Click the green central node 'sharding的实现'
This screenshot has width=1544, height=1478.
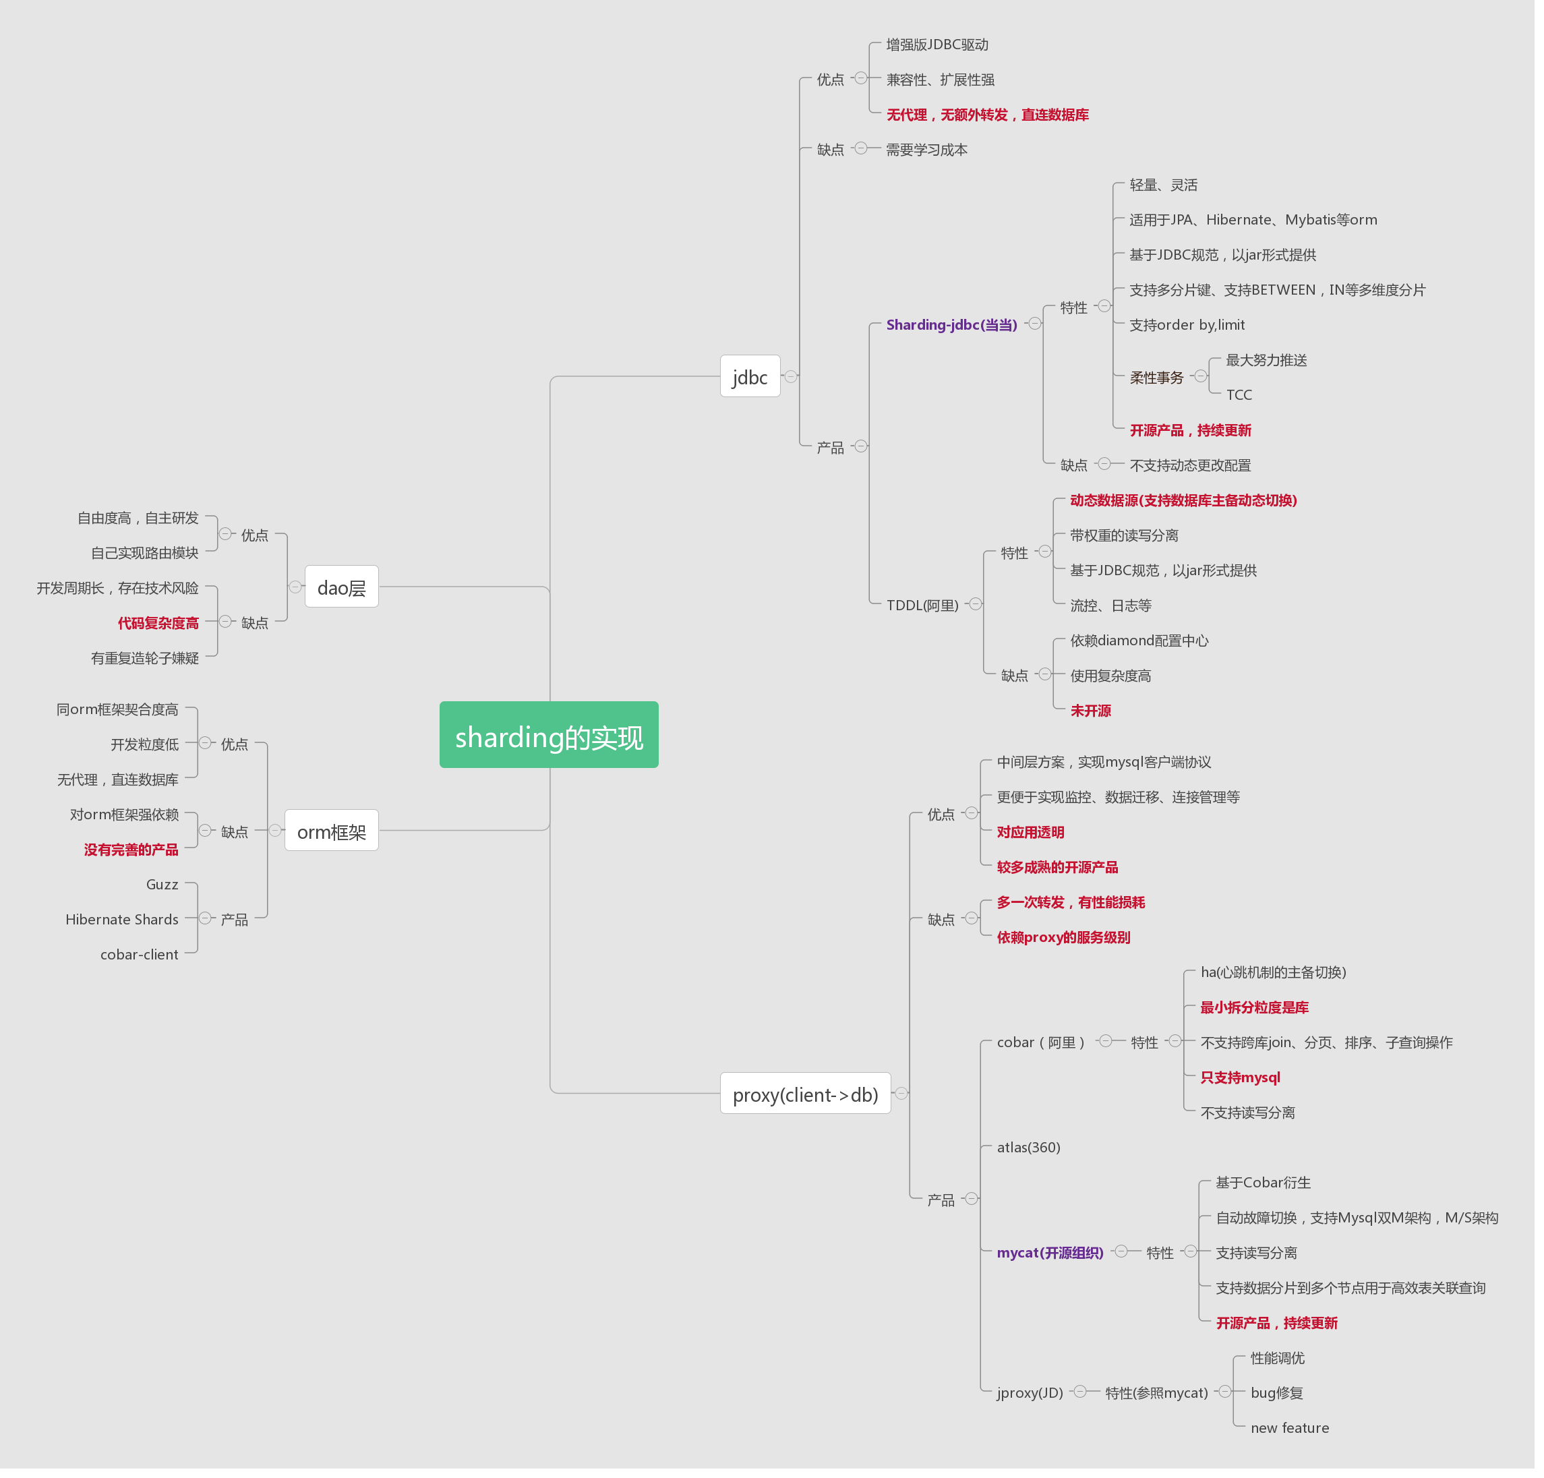tap(548, 735)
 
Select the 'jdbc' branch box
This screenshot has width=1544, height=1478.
tap(749, 377)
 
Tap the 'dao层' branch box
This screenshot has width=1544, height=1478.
tap(341, 587)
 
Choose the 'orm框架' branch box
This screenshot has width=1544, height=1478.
tap(331, 831)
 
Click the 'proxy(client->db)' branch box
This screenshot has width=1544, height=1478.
tap(804, 1094)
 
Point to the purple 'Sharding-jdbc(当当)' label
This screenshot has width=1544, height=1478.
tap(951, 324)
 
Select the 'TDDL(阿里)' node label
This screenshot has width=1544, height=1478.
tap(922, 605)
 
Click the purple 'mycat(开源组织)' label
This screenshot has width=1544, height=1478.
tap(1049, 1253)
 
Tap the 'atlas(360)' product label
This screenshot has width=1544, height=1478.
tap(1028, 1147)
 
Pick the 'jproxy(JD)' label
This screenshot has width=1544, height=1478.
tap(1030, 1393)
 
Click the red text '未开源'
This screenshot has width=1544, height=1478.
tap(1090, 711)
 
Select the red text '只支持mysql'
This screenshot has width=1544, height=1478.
tap(1240, 1077)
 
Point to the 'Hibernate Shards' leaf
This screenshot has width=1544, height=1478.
tap(122, 920)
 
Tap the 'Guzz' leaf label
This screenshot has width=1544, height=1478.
tap(162, 884)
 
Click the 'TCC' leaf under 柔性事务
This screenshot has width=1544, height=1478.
tap(1239, 394)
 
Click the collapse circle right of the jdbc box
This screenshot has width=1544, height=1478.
tap(791, 377)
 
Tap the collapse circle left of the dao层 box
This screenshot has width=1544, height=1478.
tap(295, 587)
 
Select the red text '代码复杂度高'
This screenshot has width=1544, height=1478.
tap(158, 623)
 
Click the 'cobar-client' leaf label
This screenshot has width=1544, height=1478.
tap(140, 954)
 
